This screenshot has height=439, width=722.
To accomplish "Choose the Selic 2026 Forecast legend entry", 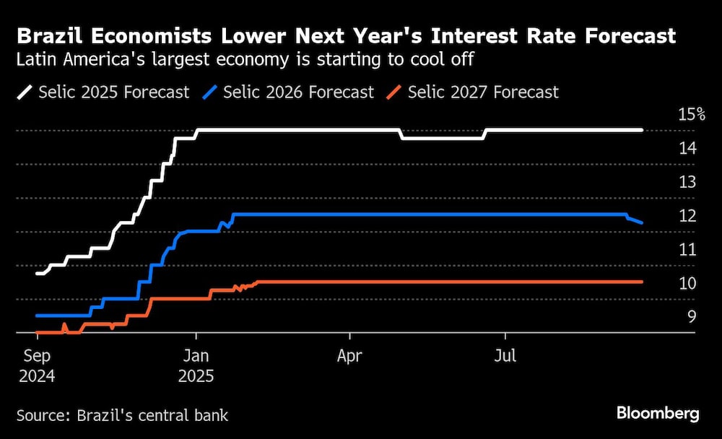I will coord(289,92).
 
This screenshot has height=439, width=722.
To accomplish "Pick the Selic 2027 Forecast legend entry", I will coord(473,92).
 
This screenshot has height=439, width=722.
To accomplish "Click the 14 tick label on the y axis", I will coord(687,148).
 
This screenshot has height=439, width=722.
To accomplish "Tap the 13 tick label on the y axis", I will coord(687,181).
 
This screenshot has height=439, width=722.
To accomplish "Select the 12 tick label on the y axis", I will coord(687,215).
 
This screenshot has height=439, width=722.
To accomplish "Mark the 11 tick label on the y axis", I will coord(687,249).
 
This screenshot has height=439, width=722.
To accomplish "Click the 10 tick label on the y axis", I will coord(687,283).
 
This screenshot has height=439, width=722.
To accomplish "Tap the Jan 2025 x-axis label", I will coord(195,365).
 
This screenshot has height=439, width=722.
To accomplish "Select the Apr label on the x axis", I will coord(349,356).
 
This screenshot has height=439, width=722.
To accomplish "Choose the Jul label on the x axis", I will coord(505,356).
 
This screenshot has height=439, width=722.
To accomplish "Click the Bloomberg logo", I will coord(658,414).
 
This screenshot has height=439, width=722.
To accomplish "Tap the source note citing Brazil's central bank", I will coord(122,415).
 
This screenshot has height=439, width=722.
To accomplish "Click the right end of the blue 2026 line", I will coord(641,222).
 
